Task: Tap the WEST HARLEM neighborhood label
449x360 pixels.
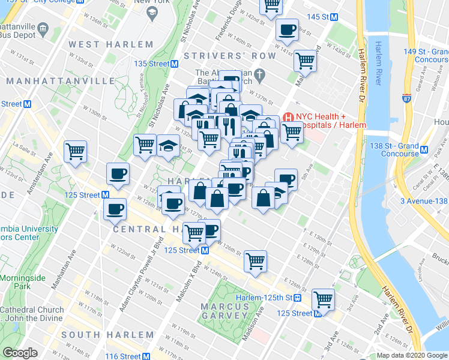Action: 111,44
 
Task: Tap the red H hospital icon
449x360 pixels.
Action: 288,117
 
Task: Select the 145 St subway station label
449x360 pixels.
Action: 317,17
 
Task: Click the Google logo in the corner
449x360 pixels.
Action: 20,353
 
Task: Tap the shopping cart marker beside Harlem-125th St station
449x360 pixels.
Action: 323,298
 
